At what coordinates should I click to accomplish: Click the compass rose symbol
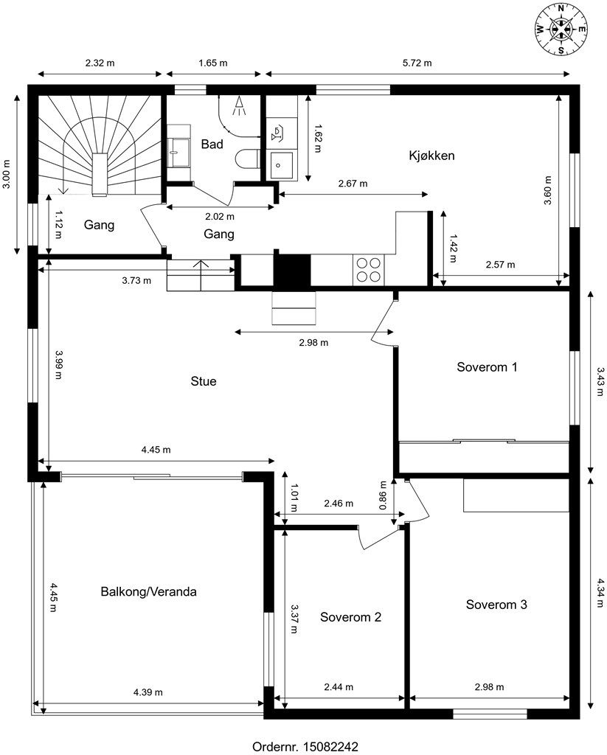tap(561, 29)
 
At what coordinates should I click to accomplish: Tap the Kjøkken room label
tap(431, 156)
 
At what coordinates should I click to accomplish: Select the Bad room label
tap(212, 144)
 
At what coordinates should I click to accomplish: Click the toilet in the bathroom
tap(249, 159)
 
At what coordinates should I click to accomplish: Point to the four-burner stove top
tap(369, 269)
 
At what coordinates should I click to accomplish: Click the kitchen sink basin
tap(281, 164)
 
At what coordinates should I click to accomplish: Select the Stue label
tap(204, 381)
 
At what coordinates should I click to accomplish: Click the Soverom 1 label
tap(487, 367)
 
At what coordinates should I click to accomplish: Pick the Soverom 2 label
tap(351, 617)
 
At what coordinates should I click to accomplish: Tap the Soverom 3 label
tap(496, 605)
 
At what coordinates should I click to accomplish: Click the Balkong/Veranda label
tap(148, 591)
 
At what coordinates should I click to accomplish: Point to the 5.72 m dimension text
tap(417, 63)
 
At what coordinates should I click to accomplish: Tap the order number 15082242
tap(330, 746)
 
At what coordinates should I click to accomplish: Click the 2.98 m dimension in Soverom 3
tap(490, 687)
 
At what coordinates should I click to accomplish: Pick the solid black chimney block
tap(292, 271)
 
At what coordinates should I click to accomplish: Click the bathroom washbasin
tap(179, 145)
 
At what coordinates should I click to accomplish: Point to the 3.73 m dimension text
tap(136, 280)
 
